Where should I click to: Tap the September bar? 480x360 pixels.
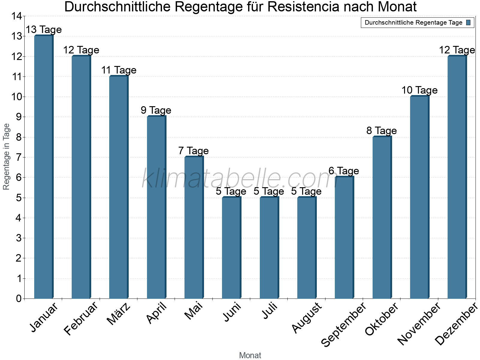[344, 238]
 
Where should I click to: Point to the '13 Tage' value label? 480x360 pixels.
[44, 30]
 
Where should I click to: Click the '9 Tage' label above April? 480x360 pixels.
[156, 110]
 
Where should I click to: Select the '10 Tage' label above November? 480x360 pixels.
[419, 90]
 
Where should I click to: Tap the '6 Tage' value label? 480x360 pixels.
[344, 171]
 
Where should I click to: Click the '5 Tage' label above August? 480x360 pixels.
[306, 191]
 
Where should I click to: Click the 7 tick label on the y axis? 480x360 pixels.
[19, 157]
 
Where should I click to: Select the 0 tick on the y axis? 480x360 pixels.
[19, 298]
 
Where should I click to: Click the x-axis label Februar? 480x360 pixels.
[81, 319]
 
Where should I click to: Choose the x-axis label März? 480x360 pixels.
[119, 314]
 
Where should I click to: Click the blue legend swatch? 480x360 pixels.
[468, 22]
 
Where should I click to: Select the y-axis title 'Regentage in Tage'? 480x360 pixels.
[6, 157]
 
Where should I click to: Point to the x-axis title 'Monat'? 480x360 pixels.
[250, 355]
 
